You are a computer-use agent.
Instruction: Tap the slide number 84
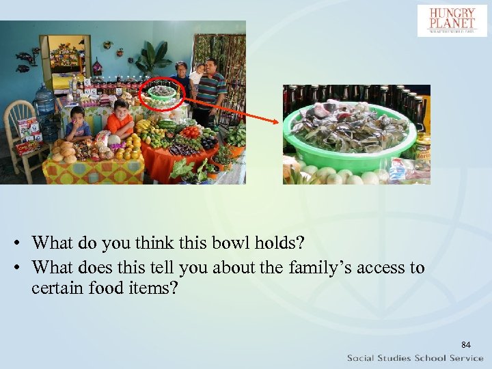coord(466,344)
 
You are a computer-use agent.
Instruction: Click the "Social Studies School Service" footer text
coord(415,358)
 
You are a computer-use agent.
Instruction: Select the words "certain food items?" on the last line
coord(105,288)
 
